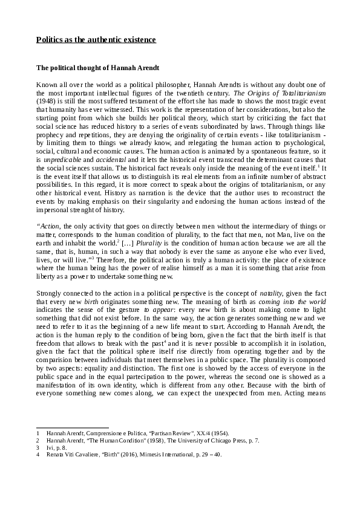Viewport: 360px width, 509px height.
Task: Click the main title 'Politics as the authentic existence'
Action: [x=96, y=40]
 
